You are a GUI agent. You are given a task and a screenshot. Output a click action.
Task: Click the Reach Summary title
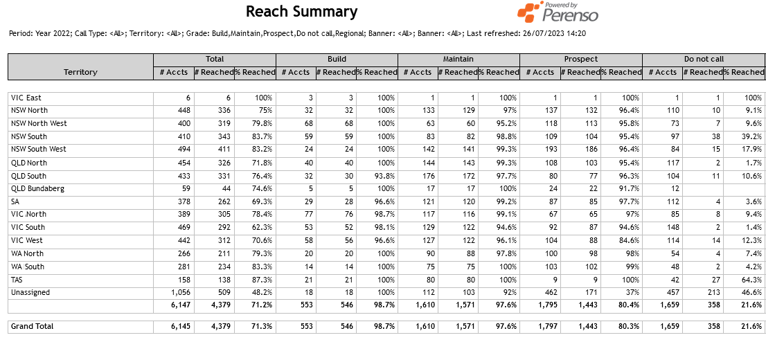click(x=301, y=12)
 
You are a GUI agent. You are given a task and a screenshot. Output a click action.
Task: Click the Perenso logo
click(x=558, y=12)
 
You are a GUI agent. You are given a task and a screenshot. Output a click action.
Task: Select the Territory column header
click(x=80, y=72)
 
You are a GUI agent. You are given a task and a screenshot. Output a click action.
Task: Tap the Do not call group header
click(x=703, y=59)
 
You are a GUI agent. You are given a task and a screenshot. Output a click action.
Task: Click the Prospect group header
click(x=580, y=59)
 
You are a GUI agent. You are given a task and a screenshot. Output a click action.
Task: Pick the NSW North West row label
click(x=39, y=123)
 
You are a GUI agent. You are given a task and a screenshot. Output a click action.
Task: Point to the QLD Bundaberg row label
click(x=37, y=188)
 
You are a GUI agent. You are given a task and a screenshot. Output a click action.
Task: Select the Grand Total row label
click(x=32, y=326)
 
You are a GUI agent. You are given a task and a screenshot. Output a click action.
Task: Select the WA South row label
click(x=28, y=267)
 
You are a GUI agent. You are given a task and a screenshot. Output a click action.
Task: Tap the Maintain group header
click(x=458, y=59)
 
